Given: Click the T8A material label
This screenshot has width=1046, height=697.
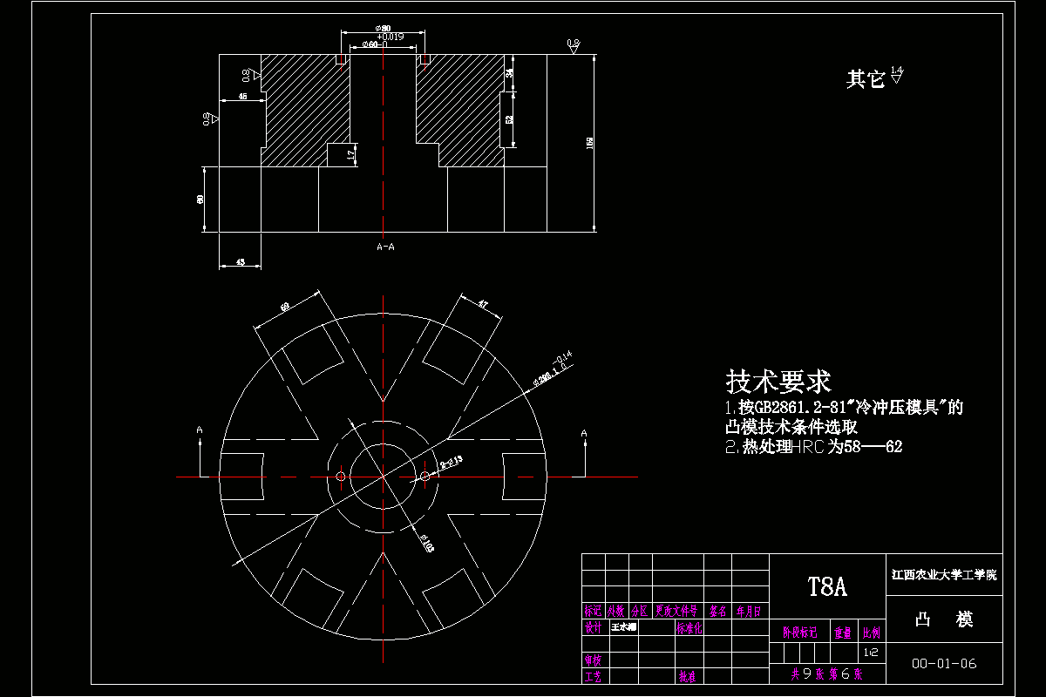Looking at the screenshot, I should [x=827, y=586].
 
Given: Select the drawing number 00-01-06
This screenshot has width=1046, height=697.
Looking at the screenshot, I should [x=944, y=664].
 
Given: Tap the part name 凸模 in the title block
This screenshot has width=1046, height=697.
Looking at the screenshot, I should [x=944, y=619].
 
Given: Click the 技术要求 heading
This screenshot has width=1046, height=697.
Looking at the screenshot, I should [x=778, y=381].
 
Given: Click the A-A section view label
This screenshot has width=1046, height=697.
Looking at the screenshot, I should [x=385, y=247].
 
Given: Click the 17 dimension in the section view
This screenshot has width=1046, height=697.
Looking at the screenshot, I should [x=350, y=154].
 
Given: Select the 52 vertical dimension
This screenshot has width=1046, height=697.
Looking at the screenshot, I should [x=510, y=118].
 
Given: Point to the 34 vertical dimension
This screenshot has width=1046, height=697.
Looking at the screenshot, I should [x=510, y=73].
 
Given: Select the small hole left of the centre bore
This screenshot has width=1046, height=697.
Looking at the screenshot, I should [x=340, y=477].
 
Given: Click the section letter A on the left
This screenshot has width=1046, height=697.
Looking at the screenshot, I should [x=200, y=430].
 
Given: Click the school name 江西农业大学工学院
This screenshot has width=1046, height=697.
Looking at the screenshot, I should [x=944, y=575].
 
